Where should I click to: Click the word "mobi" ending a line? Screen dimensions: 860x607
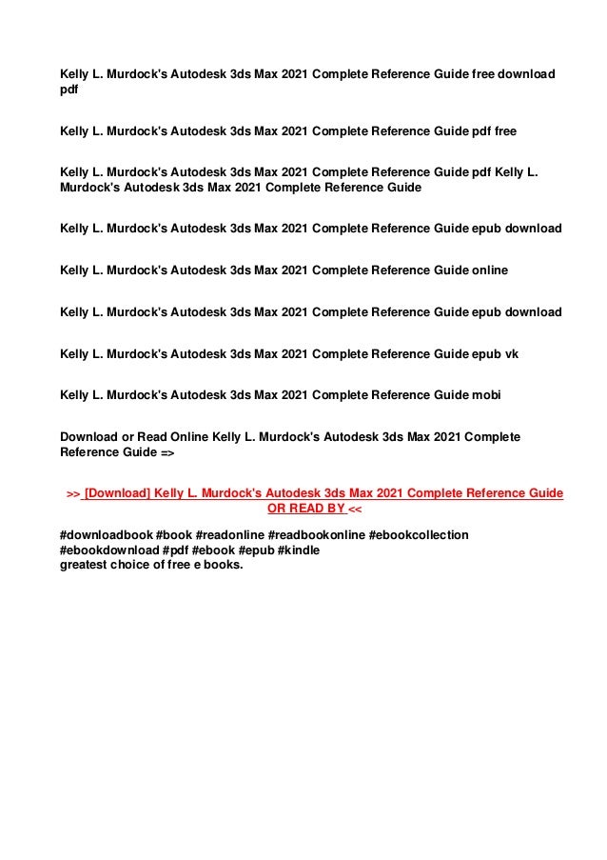coord(486,395)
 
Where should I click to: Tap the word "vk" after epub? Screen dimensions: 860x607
coord(511,354)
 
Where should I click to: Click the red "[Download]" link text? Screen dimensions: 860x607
coord(117,494)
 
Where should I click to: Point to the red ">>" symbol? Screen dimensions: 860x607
coord(72,494)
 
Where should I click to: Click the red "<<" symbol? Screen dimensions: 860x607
coord(356,510)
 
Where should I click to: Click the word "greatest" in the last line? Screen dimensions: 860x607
coord(85,566)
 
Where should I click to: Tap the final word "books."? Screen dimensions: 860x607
coord(223,566)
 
